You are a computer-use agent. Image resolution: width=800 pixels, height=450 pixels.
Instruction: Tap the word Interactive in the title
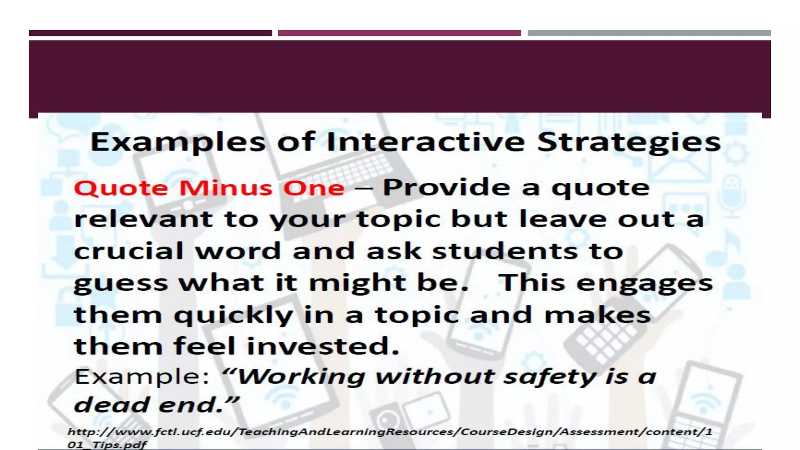point(426,142)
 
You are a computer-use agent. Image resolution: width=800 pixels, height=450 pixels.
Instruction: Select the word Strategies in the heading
point(629,143)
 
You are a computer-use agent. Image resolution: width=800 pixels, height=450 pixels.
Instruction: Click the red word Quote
point(121,188)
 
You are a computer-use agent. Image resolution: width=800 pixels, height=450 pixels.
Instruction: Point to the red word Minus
point(225,188)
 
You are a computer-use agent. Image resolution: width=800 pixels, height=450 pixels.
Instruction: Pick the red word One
point(314,188)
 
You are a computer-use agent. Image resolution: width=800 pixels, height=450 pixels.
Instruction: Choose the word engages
point(645,284)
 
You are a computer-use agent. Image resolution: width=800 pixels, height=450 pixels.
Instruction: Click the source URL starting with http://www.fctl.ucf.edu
point(390,432)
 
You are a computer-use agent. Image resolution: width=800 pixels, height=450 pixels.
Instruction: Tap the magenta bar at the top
point(399,33)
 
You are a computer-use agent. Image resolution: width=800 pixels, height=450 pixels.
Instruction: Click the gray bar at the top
point(649,33)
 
